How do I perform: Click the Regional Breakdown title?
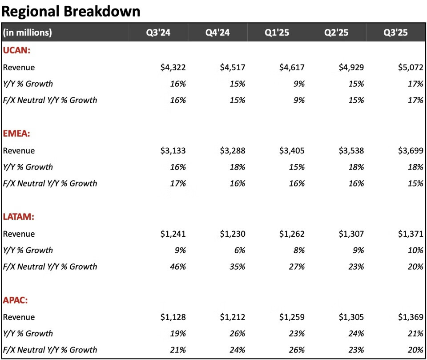pyautogui.click(x=71, y=11)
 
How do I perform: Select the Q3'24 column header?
pyautogui.click(x=158, y=32)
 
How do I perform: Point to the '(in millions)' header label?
pyautogui.click(x=28, y=32)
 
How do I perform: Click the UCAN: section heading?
pyautogui.click(x=16, y=51)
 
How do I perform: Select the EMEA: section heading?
pyautogui.click(x=17, y=134)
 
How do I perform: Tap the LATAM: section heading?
pyautogui.click(x=19, y=217)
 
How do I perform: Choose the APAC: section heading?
pyautogui.click(x=16, y=300)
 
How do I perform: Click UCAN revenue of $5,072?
pyautogui.click(x=411, y=68)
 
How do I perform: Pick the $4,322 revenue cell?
pyautogui.click(x=173, y=68)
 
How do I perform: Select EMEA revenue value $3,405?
pyautogui.click(x=292, y=151)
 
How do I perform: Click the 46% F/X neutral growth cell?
pyautogui.click(x=177, y=267)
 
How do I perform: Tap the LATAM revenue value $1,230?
pyautogui.click(x=233, y=234)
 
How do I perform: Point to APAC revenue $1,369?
pyautogui.click(x=411, y=317)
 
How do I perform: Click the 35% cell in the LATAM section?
pyautogui.click(x=237, y=267)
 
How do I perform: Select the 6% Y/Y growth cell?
pyautogui.click(x=239, y=250)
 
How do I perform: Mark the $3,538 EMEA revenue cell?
pyautogui.click(x=351, y=151)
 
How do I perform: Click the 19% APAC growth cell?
pyautogui.click(x=177, y=333)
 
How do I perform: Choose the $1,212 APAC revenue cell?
pyautogui.click(x=233, y=317)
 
